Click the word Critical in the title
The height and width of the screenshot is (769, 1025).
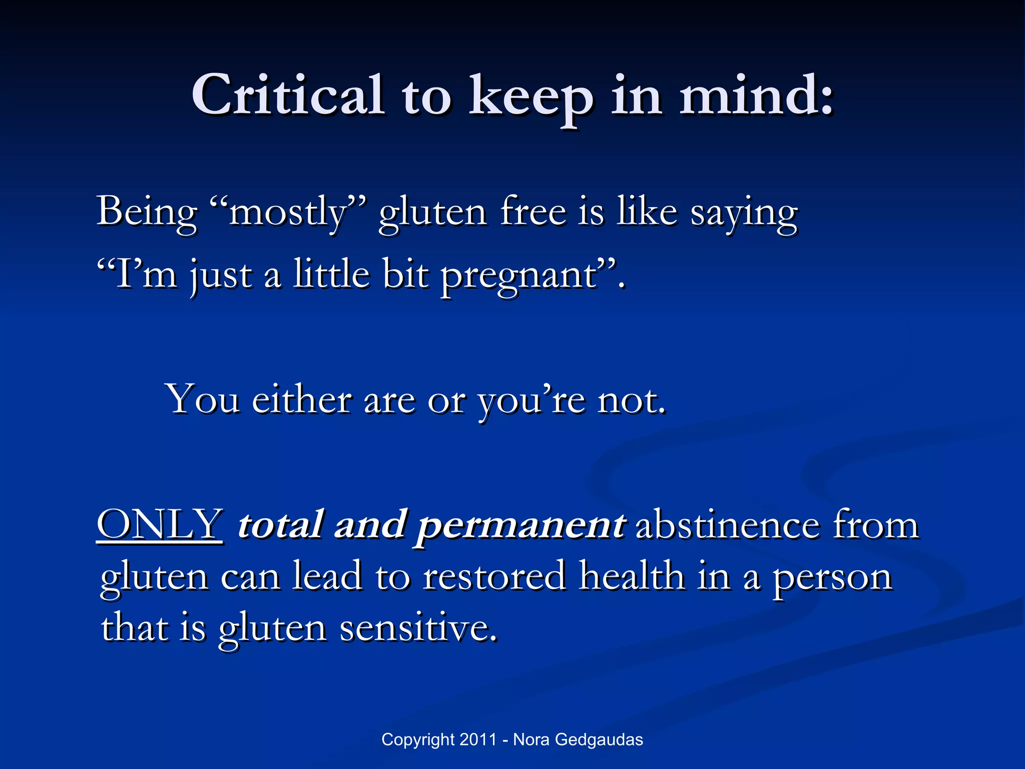[x=288, y=95]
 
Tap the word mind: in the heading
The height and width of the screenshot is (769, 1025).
[x=756, y=95]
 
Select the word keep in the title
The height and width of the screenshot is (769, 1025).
[x=531, y=98]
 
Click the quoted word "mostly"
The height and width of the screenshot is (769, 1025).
[x=288, y=213]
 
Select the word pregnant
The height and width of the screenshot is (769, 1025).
[x=521, y=277]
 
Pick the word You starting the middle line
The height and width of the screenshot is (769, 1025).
[x=203, y=400]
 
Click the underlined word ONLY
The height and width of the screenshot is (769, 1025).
[x=160, y=525]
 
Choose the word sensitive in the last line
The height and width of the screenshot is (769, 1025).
[x=418, y=628]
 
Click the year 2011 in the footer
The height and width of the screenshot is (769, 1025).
[x=478, y=739]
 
